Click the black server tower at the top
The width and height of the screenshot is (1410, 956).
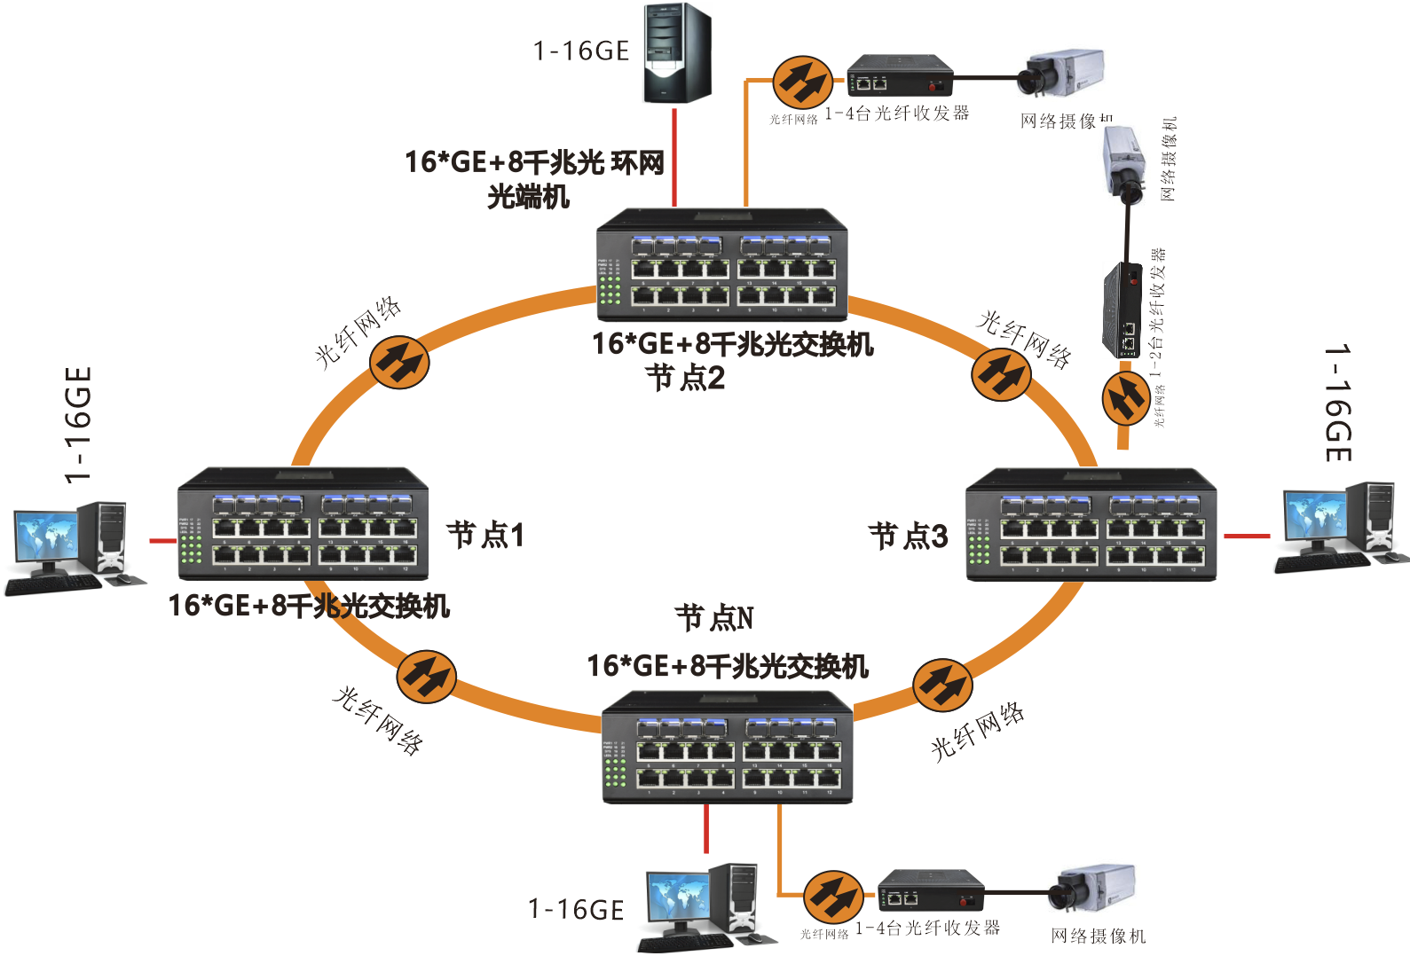pos(677,53)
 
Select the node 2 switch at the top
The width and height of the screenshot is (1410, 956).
pos(722,265)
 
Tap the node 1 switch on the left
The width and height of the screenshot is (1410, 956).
pos(303,524)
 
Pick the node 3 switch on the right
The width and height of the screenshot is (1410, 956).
pos(1091,525)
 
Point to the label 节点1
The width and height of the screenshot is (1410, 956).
pos(485,535)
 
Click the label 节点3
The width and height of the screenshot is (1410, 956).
pos(908,536)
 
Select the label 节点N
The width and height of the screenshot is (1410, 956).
pos(714,617)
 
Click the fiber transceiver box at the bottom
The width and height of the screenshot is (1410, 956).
pos(931,890)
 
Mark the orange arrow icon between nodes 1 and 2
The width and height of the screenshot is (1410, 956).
pos(399,362)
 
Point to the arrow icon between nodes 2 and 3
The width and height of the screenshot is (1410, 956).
pos(1001,374)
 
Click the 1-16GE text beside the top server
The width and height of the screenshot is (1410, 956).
pos(581,51)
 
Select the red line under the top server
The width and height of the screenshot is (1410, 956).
pos(674,157)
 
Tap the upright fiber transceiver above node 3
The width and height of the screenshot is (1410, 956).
pos(1122,310)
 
